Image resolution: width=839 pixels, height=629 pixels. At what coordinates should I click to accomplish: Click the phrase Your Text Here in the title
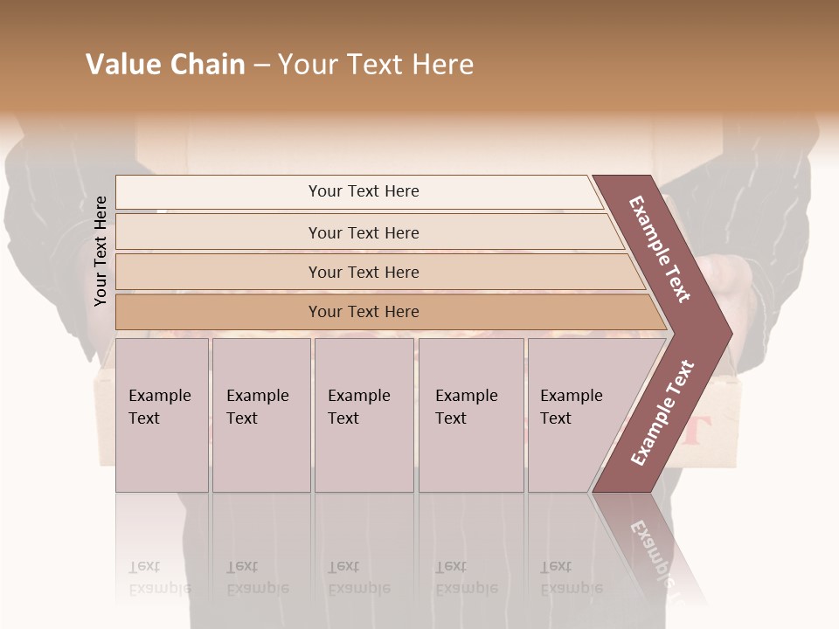tap(376, 65)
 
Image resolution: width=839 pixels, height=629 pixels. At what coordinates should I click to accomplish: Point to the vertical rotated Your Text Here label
tap(101, 251)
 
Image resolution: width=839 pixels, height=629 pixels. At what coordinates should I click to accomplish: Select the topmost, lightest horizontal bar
tap(364, 191)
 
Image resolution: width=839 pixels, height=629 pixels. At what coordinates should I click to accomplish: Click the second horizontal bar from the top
tap(364, 232)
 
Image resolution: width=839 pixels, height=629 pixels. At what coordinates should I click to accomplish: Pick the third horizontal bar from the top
tap(364, 272)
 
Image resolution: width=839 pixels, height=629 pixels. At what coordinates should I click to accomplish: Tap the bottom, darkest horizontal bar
tap(364, 312)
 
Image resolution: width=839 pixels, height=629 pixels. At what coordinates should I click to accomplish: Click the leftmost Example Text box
tap(162, 415)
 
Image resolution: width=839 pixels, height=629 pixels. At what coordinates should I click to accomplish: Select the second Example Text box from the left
tap(260, 415)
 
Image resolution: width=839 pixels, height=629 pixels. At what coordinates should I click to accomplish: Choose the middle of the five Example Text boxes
tap(364, 415)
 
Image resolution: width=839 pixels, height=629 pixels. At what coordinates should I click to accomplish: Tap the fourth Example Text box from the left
tap(470, 415)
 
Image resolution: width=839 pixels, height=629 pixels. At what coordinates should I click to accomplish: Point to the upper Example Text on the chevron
tap(660, 249)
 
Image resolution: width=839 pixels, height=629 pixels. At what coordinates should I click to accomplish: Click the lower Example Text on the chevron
tap(662, 412)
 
